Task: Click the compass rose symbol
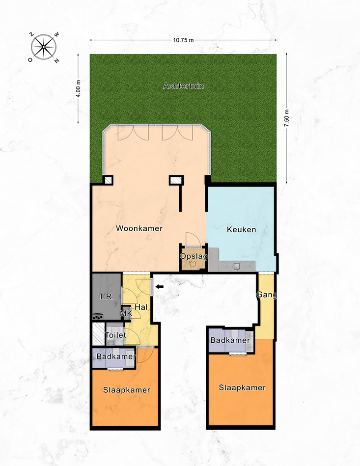tap(44, 47)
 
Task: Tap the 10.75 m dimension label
tap(183, 40)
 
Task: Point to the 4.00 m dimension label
tap(78, 88)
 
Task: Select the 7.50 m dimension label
tap(286, 118)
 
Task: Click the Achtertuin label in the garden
tap(183, 86)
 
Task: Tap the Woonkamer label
tap(139, 228)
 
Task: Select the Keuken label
tap(241, 229)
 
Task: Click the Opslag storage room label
tap(194, 256)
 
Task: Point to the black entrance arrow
tap(160, 287)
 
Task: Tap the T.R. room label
tap(107, 297)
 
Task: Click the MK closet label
tap(126, 313)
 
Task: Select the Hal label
tap(141, 307)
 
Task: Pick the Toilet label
tap(115, 335)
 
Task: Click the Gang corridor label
tap(266, 295)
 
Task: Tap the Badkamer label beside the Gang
tap(230, 340)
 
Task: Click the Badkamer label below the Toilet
tap(116, 356)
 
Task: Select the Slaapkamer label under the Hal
tap(127, 390)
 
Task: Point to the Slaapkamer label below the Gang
tap(242, 387)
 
